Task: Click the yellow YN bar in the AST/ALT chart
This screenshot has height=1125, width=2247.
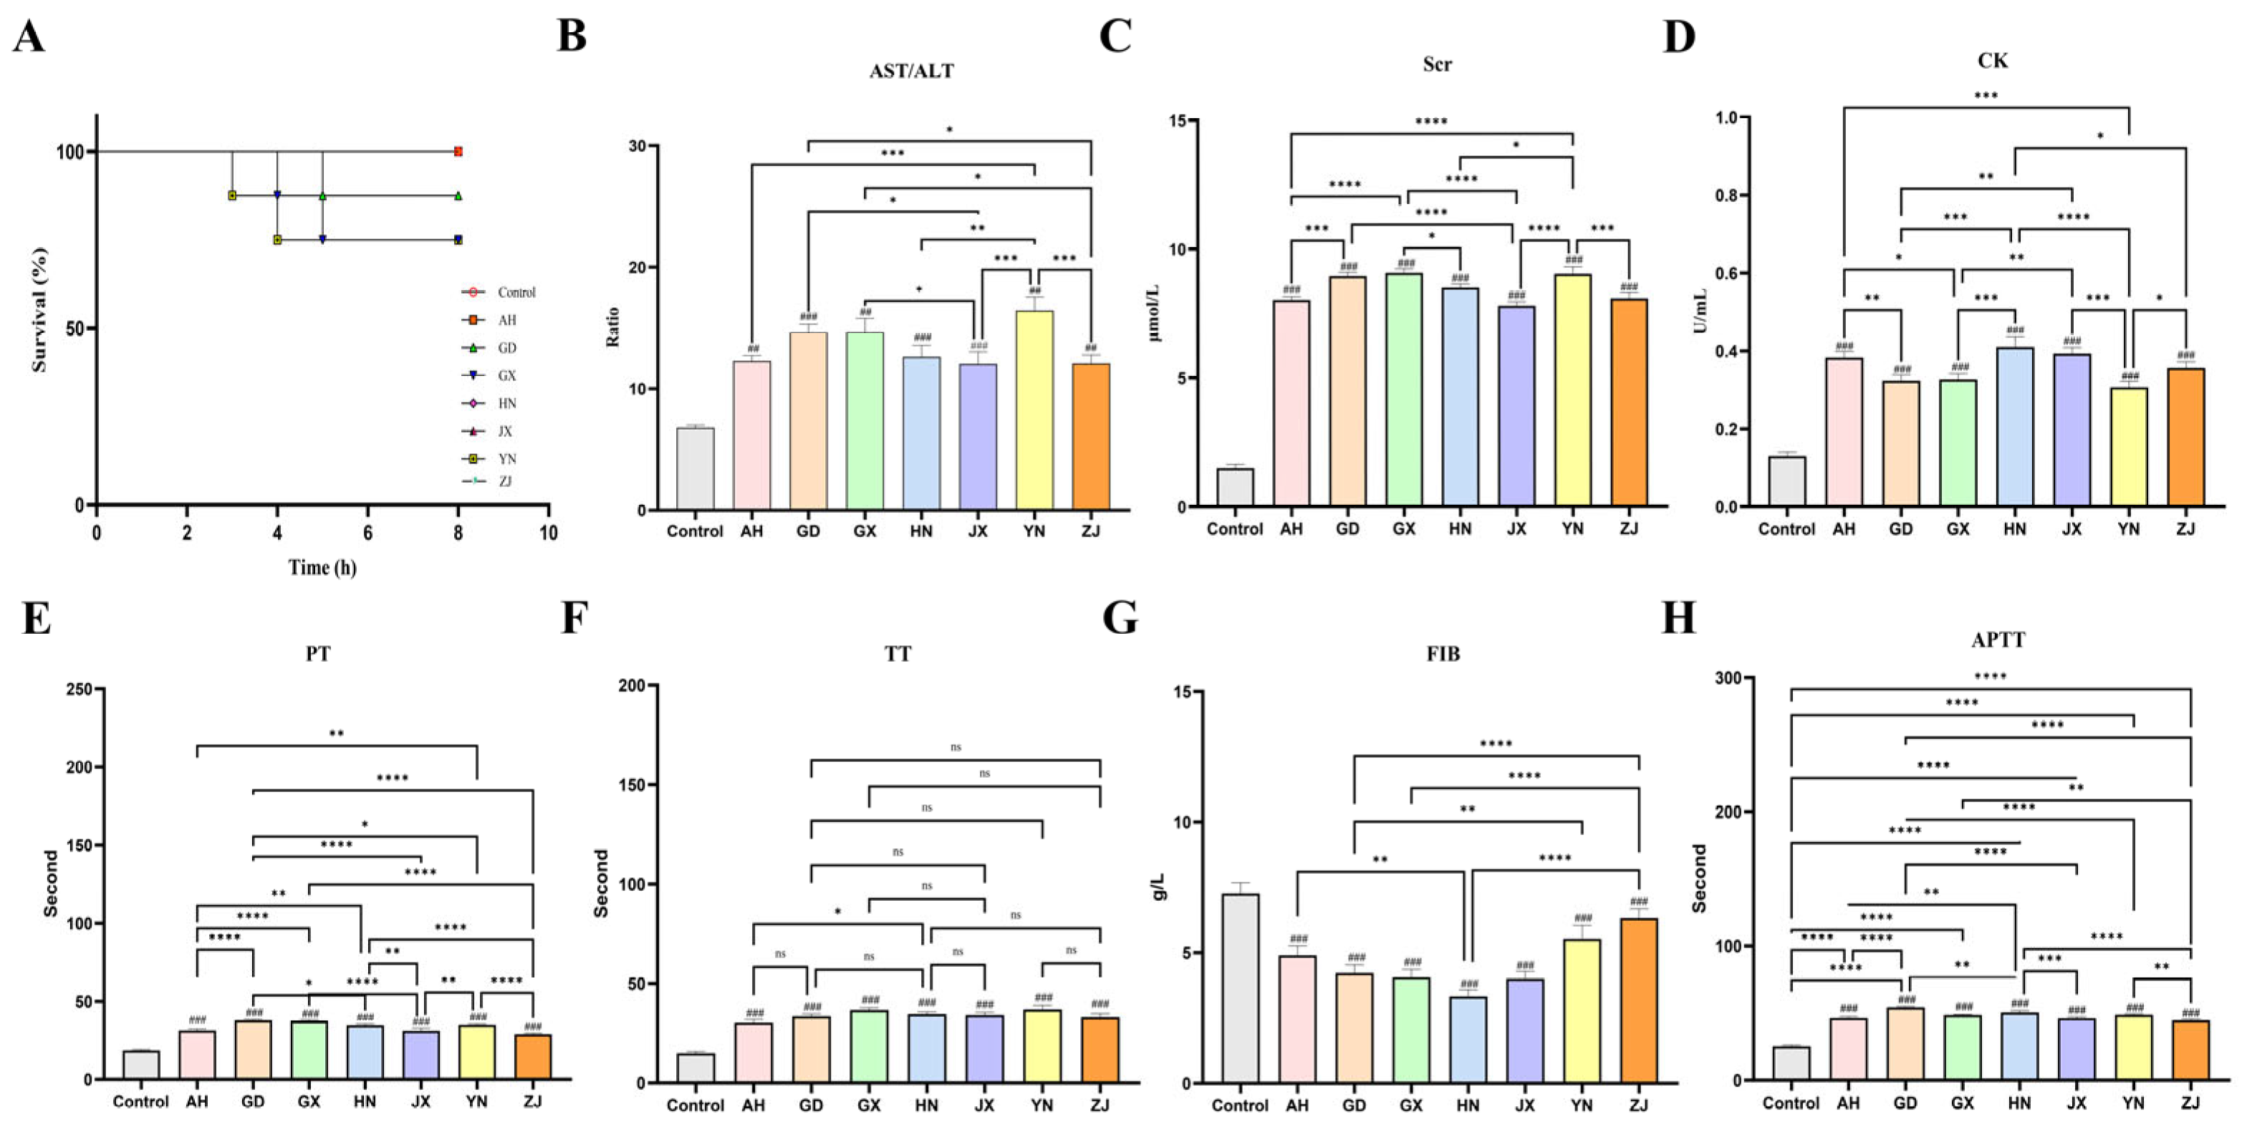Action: click(x=1034, y=410)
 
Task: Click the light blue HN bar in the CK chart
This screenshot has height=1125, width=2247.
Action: click(x=2014, y=427)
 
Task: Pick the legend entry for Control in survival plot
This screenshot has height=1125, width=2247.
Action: click(x=514, y=292)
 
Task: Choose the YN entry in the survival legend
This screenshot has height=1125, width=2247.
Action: click(x=506, y=459)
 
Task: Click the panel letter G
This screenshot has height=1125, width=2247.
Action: click(x=1120, y=617)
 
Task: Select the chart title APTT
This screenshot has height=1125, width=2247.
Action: click(x=1998, y=639)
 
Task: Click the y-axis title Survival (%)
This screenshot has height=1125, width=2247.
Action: click(x=39, y=309)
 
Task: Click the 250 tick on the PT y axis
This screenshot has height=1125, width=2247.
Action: click(x=79, y=689)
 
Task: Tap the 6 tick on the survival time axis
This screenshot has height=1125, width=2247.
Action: click(x=367, y=533)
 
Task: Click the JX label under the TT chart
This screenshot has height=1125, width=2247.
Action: click(x=984, y=1105)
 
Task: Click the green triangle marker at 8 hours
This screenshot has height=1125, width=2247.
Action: click(x=458, y=195)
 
